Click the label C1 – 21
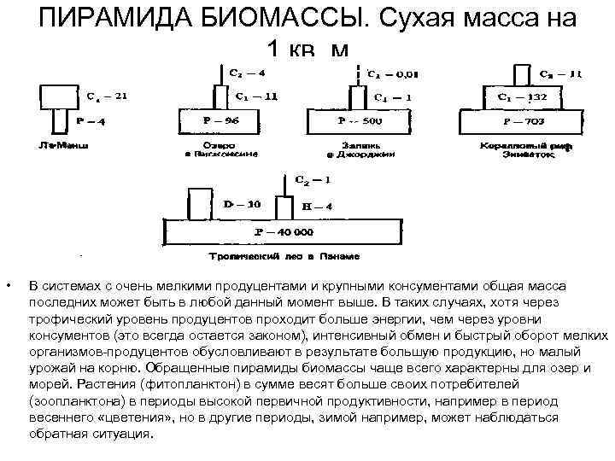coord(107,96)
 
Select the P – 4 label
coord(91,121)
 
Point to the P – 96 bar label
coord(220,121)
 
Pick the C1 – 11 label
coord(255,96)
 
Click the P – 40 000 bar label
coord(284,231)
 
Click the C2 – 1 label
coord(312,179)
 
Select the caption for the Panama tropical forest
coord(284,255)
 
